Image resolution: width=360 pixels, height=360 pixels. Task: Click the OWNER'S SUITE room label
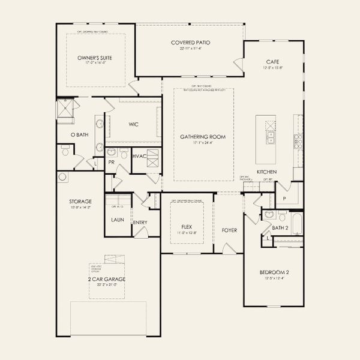[x=95, y=58]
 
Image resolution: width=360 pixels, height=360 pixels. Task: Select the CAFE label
[x=274, y=62]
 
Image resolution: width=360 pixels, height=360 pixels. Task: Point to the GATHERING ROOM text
[x=203, y=137]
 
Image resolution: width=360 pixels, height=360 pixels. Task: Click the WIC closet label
[x=134, y=124]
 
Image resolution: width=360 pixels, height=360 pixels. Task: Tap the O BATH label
[x=79, y=135]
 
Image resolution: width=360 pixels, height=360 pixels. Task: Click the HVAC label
[x=139, y=156]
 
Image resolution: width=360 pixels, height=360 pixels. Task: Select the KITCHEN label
[x=266, y=172]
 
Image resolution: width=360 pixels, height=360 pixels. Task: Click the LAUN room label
[x=117, y=220]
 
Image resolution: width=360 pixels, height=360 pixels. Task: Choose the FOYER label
[x=230, y=229]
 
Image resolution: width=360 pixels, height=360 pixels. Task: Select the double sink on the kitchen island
[x=271, y=139]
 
